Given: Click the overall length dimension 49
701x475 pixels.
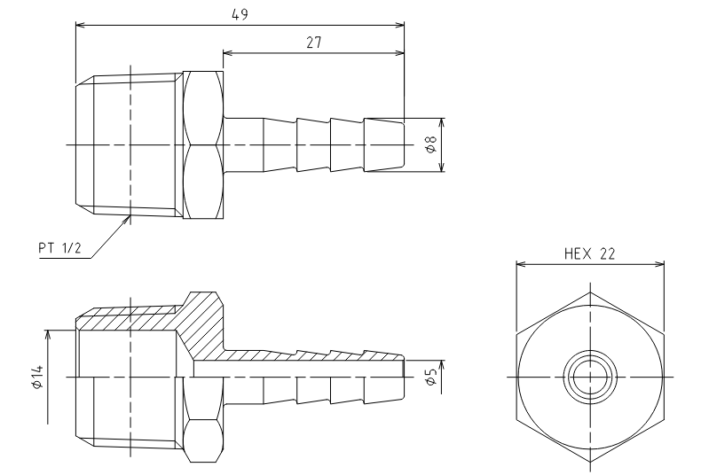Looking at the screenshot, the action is [x=240, y=15].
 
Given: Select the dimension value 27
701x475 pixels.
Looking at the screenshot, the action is [x=314, y=43].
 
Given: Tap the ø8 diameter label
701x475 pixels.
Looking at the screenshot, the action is [x=430, y=144].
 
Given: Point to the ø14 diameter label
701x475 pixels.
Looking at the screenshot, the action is [x=38, y=377].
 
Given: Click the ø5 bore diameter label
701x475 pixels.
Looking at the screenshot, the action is [x=430, y=378].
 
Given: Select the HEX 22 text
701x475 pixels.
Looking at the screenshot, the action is [x=590, y=254].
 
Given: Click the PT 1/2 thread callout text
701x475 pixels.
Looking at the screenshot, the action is [x=60, y=248].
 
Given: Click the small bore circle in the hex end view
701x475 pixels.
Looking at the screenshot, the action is [x=590, y=378].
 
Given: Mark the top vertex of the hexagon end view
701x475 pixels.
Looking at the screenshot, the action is [x=590, y=292].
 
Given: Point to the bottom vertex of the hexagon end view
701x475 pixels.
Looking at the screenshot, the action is [x=590, y=462].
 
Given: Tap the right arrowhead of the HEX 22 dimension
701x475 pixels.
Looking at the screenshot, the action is [x=659, y=264].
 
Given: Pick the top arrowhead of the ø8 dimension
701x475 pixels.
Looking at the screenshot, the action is [x=442, y=123].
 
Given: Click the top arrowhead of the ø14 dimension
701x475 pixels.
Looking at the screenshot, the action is [x=48, y=335].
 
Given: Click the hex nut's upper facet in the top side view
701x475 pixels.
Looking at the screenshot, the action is [x=203, y=107].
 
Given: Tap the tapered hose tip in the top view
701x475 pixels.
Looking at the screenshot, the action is [x=384, y=144].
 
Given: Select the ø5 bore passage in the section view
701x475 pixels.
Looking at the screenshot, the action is [x=299, y=369].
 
